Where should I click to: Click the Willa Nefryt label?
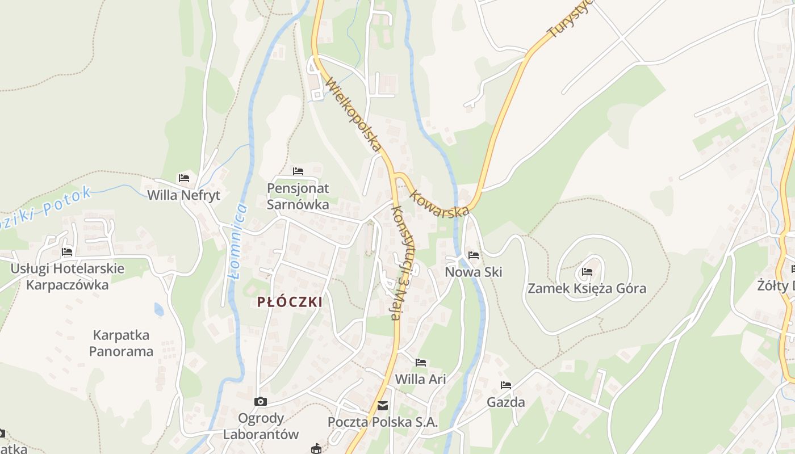(183, 195)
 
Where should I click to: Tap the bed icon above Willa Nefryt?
(183, 178)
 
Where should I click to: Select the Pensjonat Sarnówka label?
(298, 196)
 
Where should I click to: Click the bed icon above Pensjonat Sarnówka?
(298, 171)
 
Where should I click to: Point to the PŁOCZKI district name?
(290, 302)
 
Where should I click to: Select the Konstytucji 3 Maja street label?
(403, 262)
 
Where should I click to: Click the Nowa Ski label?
(474, 272)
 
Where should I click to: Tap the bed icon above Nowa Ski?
(474, 255)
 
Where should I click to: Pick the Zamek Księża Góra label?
(587, 288)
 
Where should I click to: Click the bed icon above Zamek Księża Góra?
(587, 272)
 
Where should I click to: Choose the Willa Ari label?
(421, 379)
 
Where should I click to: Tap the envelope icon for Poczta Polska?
(383, 405)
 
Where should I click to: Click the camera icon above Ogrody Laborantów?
(261, 402)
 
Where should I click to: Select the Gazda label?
(506, 402)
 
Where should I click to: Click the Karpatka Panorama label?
(121, 343)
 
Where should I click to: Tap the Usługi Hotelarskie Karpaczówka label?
(67, 276)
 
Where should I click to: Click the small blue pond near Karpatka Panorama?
(159, 309)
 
